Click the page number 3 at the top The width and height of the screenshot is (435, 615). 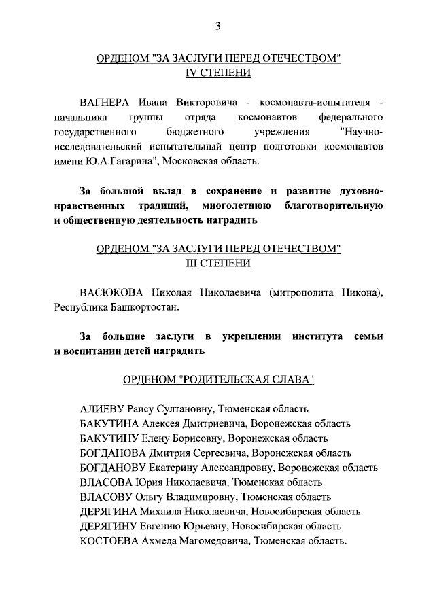[x=217, y=26]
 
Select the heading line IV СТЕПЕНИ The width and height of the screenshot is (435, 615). [x=217, y=73]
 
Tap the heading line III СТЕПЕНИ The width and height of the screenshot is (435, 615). [x=217, y=263]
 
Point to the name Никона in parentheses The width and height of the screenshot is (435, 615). [x=357, y=292]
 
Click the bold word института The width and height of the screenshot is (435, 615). [x=317, y=336]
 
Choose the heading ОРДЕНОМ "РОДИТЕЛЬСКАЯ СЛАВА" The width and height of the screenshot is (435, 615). [x=217, y=380]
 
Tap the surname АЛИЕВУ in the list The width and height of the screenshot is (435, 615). [x=102, y=409]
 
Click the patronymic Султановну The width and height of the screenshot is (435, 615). [x=185, y=409]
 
